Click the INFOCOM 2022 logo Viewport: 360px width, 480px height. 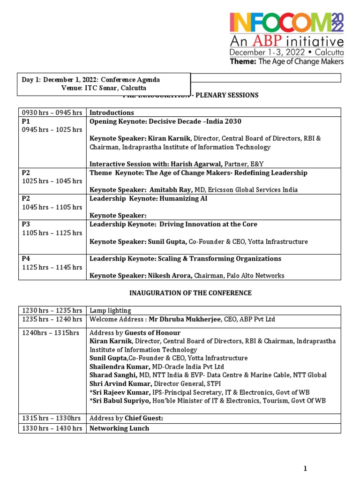(x=286, y=23)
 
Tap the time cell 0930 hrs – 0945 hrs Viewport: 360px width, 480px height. (x=52, y=112)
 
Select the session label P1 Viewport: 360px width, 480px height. (x=26, y=121)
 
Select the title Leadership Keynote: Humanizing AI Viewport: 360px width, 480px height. (x=148, y=198)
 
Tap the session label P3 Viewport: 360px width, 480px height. (x=26, y=225)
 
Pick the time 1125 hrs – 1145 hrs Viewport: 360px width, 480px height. (x=52, y=267)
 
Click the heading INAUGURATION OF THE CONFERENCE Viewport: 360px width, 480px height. (x=190, y=293)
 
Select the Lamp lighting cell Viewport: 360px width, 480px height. (x=110, y=311)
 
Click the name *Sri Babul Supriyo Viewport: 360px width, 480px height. (x=117, y=400)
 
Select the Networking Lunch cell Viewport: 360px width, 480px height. (x=119, y=428)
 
